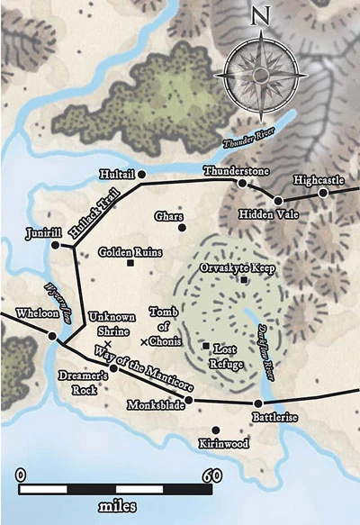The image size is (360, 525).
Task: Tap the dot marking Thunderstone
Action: [241, 183]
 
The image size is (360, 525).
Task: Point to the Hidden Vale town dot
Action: [278, 201]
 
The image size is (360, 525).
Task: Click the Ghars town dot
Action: [183, 228]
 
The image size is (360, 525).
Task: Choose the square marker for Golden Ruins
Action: [130, 264]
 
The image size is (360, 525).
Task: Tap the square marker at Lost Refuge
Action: [206, 345]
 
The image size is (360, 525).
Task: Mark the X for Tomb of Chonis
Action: [144, 341]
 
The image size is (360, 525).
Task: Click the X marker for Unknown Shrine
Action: [106, 345]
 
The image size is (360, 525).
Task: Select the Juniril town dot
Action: [56, 244]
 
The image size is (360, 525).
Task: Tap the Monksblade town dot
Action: [188, 400]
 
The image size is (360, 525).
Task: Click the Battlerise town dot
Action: [258, 404]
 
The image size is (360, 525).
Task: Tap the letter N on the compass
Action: [260, 15]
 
